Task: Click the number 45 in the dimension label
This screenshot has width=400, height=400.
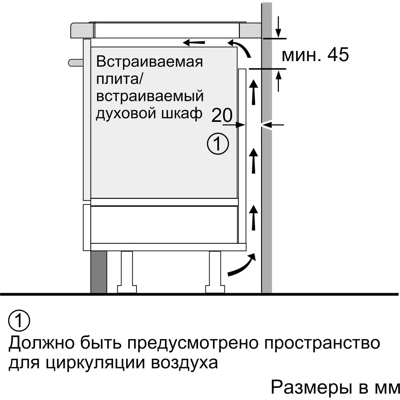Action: click(x=338, y=55)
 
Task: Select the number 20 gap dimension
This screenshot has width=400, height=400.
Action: click(x=222, y=115)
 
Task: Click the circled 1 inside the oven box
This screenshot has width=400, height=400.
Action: click(x=218, y=144)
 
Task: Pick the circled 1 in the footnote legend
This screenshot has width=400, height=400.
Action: click(x=19, y=321)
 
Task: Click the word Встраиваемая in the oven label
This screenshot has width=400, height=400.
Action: click(x=150, y=62)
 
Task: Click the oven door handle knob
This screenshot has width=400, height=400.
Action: click(x=76, y=63)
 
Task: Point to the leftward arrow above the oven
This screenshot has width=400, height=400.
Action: click(x=194, y=42)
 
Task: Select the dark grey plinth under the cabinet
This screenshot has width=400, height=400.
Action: click(x=99, y=272)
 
